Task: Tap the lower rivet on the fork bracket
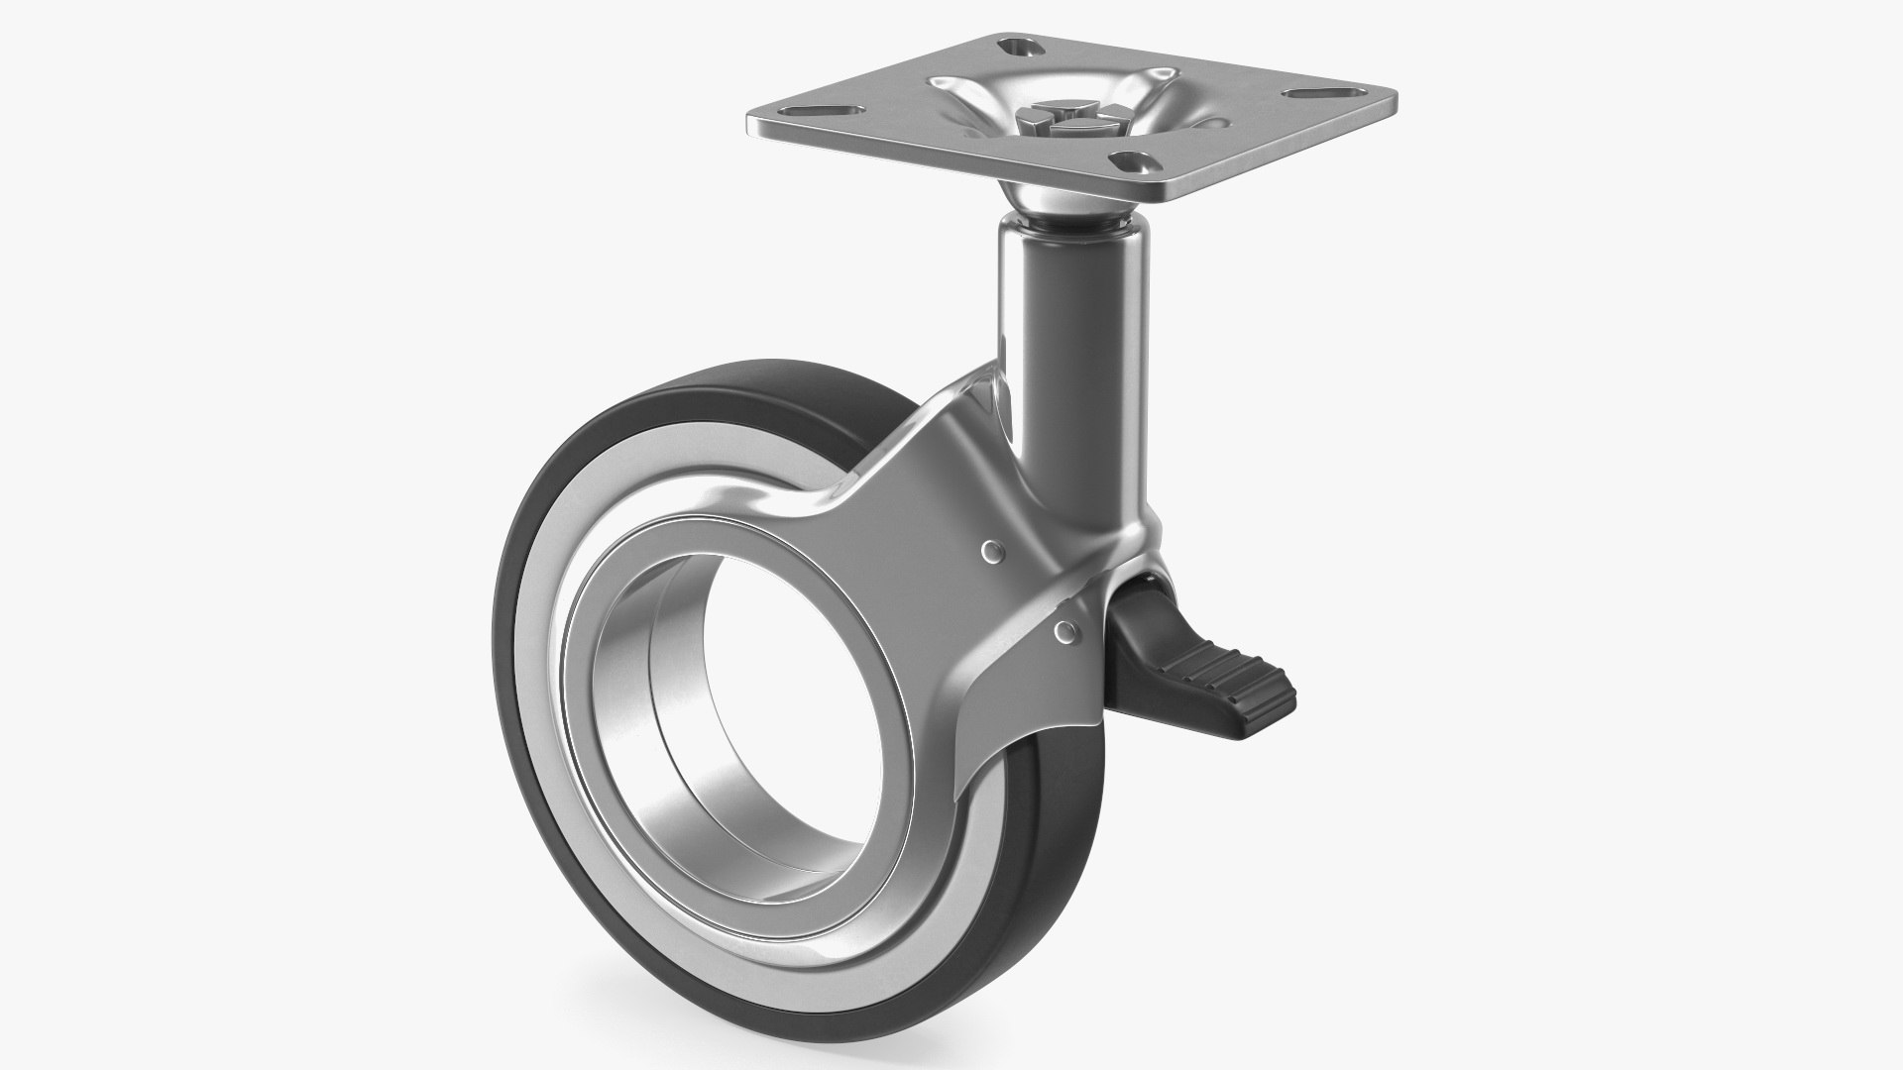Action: click(x=1066, y=629)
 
